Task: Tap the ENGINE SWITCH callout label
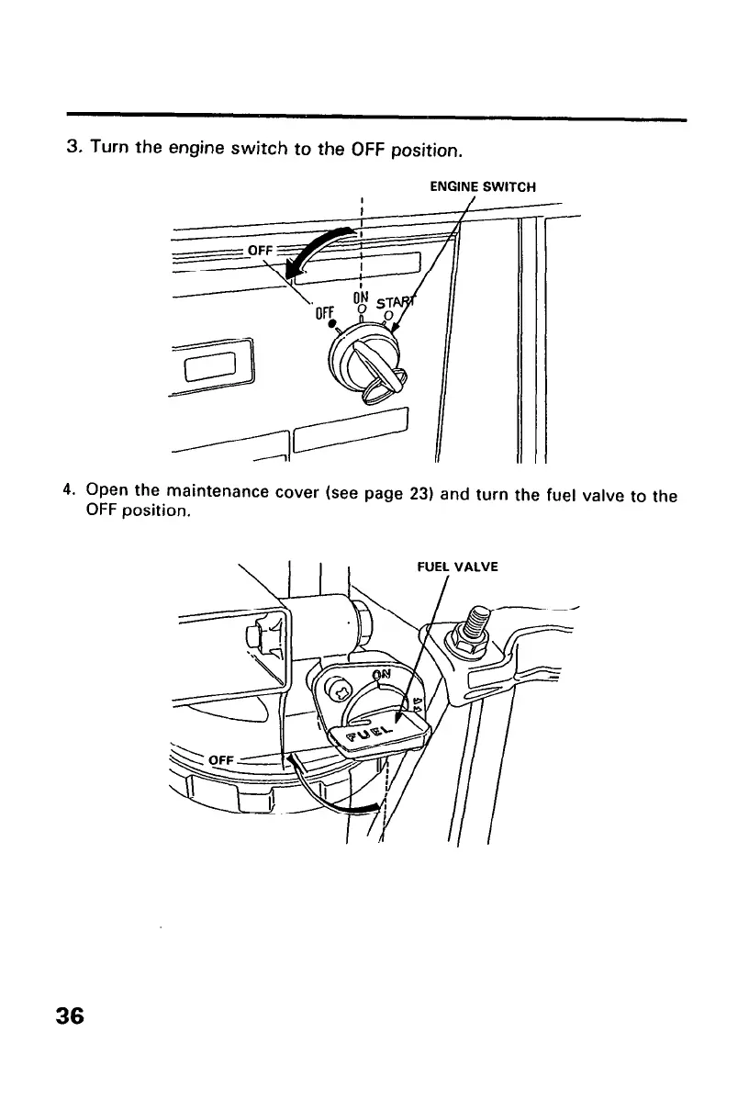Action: pyautogui.click(x=483, y=187)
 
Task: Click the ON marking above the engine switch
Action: pyautogui.click(x=362, y=297)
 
